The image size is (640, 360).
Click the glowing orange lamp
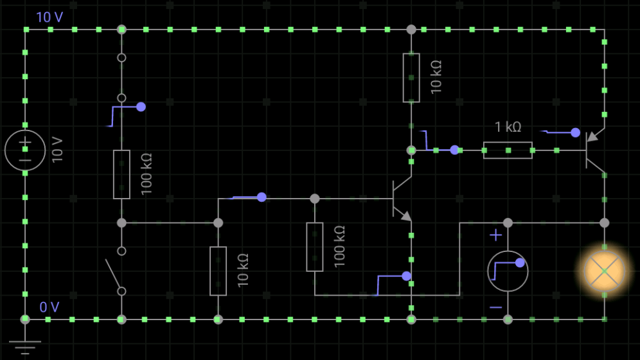pos(604,271)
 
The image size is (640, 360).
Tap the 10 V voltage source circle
pos(25,150)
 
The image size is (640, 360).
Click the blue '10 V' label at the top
pos(49,17)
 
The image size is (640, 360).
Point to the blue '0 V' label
pos(49,307)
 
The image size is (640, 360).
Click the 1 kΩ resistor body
pos(508,150)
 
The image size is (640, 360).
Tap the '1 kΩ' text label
pos(508,127)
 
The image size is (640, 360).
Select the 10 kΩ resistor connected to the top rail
pos(411,78)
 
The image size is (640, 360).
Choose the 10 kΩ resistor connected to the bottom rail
pos(218,271)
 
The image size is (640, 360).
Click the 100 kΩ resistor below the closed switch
pos(121,174)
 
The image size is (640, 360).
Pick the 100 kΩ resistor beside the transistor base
pos(315,247)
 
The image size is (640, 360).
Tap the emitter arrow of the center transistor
pos(405,217)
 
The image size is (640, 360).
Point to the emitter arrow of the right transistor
pos(592,136)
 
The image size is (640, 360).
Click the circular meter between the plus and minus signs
pos(508,271)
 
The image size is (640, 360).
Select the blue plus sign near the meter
pos(495,235)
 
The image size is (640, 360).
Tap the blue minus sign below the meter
pos(495,307)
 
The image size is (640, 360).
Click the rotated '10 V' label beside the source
pos(57,150)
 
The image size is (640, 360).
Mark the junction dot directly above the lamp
pos(604,223)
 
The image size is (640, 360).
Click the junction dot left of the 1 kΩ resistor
pos(411,150)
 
